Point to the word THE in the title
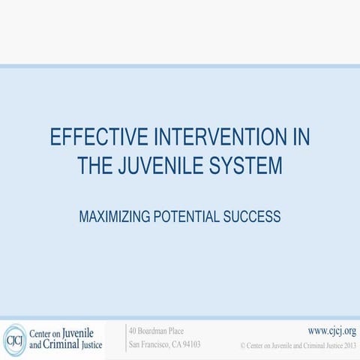(x=95, y=165)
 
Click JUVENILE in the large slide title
(x=160, y=165)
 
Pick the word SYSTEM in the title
(x=244, y=165)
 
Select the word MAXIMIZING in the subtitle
(x=115, y=217)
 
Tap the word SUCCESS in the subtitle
(x=253, y=217)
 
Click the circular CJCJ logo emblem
(x=14, y=339)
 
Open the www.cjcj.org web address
(x=331, y=331)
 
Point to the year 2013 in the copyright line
(x=348, y=346)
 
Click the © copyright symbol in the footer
(x=243, y=346)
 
